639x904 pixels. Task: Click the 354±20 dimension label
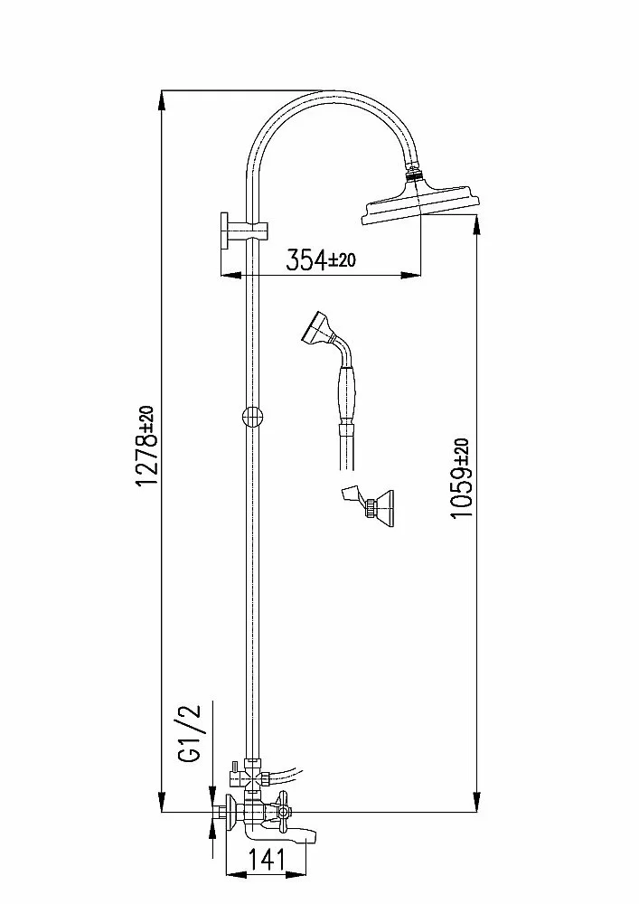coord(321,260)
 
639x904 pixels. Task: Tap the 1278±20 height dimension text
coord(146,445)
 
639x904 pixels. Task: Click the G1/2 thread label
coord(189,732)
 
